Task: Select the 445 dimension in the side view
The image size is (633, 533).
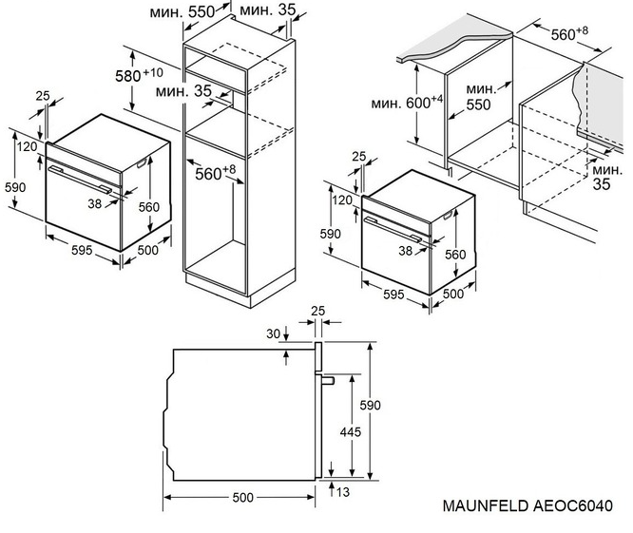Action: click(350, 434)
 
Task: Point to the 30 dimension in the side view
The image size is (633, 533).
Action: click(274, 333)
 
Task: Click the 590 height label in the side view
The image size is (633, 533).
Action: click(371, 406)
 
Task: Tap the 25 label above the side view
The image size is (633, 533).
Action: click(318, 311)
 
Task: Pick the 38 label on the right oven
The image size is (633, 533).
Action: click(407, 250)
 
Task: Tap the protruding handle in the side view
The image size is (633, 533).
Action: click(328, 379)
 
